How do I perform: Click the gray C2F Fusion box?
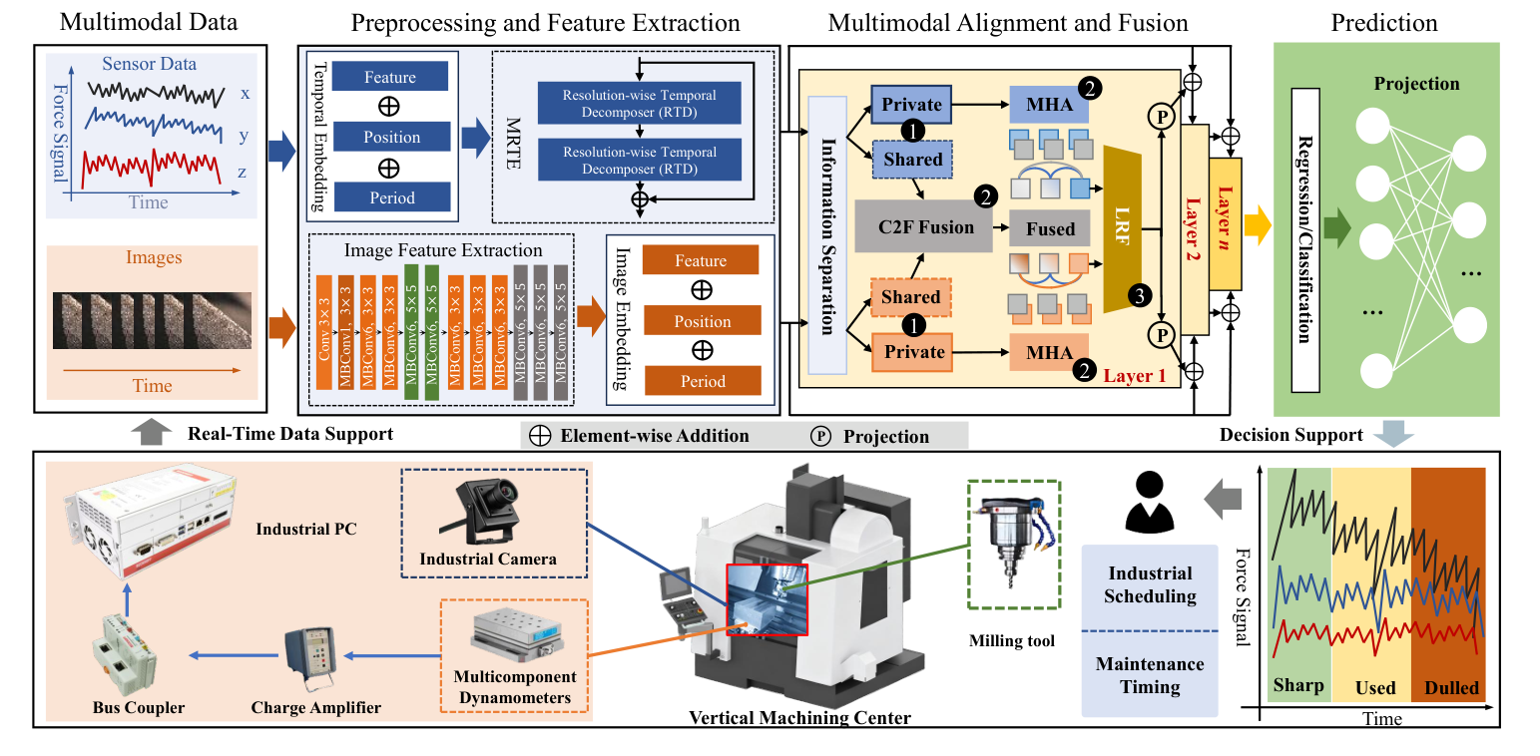click(924, 227)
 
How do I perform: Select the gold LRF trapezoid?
click(1126, 227)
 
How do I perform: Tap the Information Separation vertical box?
click(827, 234)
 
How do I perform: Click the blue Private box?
click(911, 104)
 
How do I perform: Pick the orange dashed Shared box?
click(911, 296)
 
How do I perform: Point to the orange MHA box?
click(1049, 352)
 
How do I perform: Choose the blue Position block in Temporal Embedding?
click(391, 138)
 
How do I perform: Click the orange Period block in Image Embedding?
click(702, 381)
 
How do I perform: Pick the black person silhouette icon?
click(1147, 502)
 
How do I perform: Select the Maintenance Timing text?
click(1150, 675)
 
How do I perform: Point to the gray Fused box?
click(1050, 228)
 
